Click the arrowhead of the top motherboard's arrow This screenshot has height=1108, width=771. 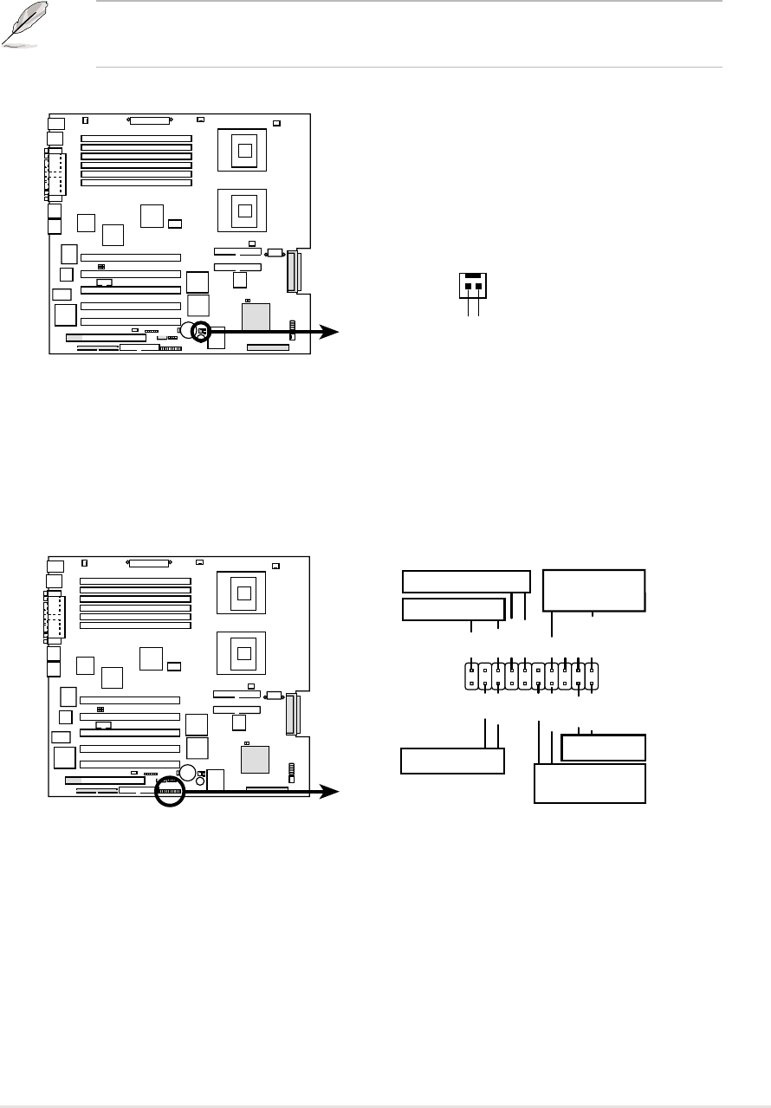click(x=333, y=331)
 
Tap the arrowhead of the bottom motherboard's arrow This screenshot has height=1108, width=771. click(x=333, y=792)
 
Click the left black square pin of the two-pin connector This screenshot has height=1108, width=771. click(x=468, y=285)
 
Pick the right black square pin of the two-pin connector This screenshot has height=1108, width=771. click(x=478, y=285)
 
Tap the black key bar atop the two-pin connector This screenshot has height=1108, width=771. click(x=472, y=276)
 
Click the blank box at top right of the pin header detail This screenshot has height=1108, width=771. click(x=593, y=590)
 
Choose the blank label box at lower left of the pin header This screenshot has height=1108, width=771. click(x=452, y=761)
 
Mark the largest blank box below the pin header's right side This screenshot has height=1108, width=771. click(x=590, y=783)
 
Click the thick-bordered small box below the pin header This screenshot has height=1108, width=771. click(x=604, y=747)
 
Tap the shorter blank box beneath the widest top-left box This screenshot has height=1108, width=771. click(x=453, y=609)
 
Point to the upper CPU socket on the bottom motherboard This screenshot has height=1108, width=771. click(x=244, y=593)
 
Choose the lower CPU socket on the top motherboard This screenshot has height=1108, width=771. click(x=244, y=208)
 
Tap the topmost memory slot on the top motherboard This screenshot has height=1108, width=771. click(x=137, y=138)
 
